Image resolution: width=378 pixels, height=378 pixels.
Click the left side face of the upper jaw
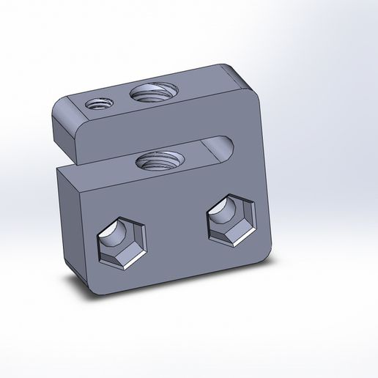click(62, 128)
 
